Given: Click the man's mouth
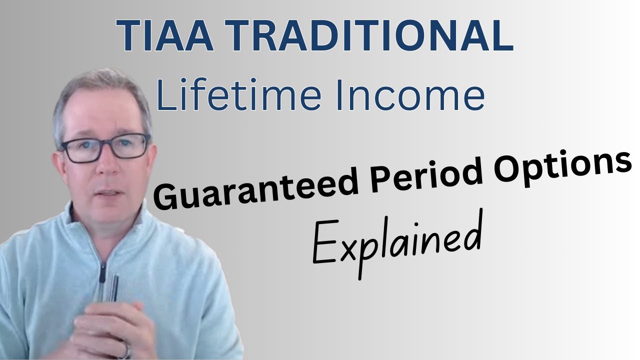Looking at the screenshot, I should click(x=106, y=192).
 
